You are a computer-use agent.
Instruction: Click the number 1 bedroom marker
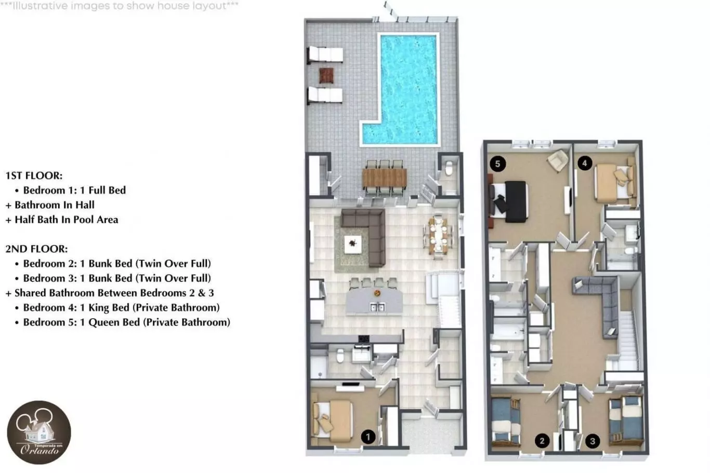(368, 437)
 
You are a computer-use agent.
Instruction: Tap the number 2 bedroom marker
(542, 441)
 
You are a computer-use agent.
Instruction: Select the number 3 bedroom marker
(593, 441)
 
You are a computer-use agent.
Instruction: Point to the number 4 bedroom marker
(585, 163)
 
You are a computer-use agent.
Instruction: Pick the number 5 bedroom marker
(497, 164)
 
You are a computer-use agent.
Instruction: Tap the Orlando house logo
(39, 433)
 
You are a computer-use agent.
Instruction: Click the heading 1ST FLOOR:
(34, 175)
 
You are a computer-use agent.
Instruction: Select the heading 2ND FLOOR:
(36, 249)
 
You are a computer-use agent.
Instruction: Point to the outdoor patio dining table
(385, 178)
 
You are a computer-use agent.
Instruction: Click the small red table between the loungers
(326, 75)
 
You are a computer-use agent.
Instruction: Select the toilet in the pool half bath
(449, 168)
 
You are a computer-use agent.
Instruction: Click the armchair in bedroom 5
(558, 160)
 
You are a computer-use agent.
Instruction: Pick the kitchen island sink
(377, 307)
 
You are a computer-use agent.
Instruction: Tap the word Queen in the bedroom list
(114, 322)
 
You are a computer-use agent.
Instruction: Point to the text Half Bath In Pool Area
(66, 220)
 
